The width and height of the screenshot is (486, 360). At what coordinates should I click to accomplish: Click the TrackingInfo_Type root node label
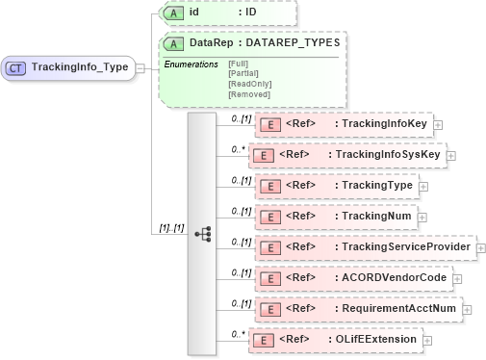pos(80,67)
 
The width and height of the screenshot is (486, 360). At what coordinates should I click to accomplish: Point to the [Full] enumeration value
pos(238,64)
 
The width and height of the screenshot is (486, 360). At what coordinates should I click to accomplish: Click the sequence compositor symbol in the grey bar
pos(202,234)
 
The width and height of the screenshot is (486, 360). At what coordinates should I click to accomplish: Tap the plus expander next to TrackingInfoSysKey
pos(451,155)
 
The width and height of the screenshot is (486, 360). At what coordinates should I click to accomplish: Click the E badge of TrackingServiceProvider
pos(270,247)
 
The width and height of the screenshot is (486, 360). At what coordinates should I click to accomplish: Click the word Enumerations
pos(190,64)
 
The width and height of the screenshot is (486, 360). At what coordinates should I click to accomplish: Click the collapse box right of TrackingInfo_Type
pos(141,67)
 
